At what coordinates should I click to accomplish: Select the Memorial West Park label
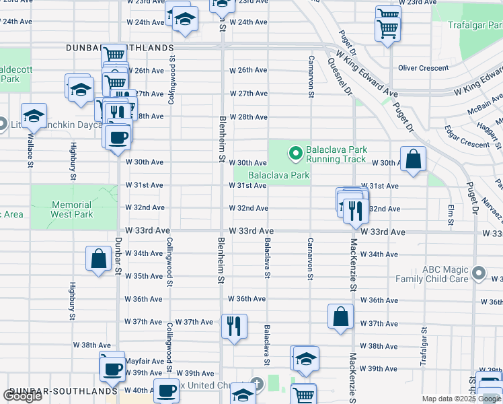[71, 209]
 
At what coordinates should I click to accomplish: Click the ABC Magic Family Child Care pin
[478, 273]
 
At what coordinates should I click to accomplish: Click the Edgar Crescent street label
[467, 140]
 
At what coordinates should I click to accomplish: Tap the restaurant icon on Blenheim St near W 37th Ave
[234, 327]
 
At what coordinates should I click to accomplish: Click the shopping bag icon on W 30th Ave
[415, 160]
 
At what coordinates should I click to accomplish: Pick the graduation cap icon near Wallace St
[34, 116]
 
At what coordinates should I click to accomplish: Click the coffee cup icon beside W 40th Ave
[166, 391]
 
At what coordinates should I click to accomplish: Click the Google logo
[22, 396]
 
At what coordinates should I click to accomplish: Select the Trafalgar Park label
[475, 25]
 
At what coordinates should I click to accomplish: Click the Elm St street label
[451, 213]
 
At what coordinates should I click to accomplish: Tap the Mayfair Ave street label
[146, 361]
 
